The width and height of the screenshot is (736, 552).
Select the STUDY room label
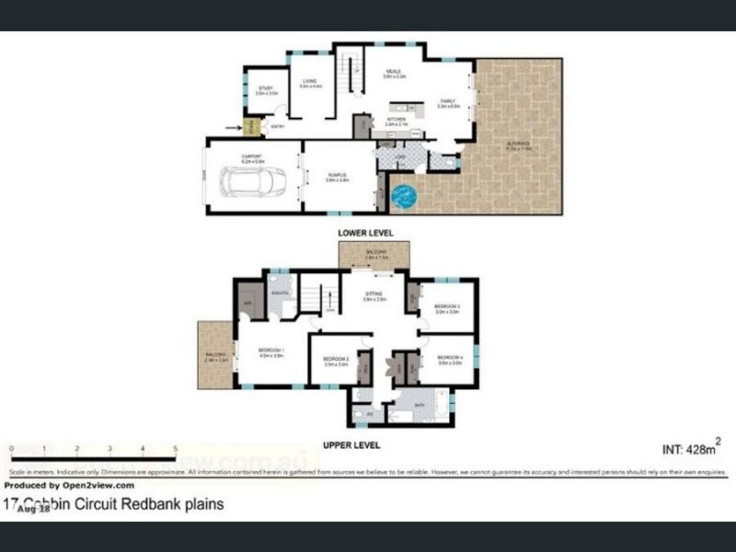coord(266,89)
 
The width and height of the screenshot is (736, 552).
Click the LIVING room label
coord(309,82)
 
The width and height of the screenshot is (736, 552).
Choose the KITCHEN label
coord(397,120)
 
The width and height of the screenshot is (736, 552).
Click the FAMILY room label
coord(448,102)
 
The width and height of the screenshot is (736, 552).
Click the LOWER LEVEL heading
coord(365,234)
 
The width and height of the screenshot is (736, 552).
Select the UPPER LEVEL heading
coord(351,445)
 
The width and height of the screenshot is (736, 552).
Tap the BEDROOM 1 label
coord(271,353)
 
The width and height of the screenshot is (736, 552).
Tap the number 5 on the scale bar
coord(175,448)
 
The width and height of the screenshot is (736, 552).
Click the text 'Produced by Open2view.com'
coord(69,485)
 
